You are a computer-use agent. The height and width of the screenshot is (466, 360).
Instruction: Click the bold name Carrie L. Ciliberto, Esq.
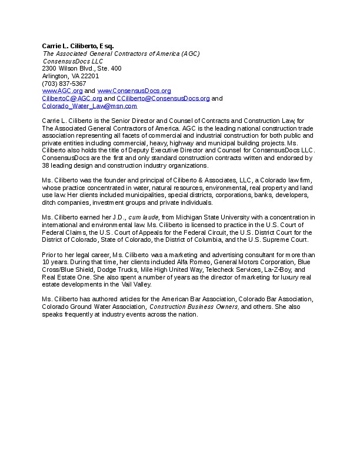[78, 46]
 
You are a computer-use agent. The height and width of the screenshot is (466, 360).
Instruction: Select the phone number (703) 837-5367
[64, 84]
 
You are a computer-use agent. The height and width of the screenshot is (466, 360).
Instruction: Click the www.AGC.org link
[62, 91]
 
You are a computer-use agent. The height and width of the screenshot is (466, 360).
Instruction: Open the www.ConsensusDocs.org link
[134, 91]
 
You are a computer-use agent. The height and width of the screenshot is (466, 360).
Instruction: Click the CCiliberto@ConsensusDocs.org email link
[163, 99]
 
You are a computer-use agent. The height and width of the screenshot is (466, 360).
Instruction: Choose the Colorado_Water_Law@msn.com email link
[89, 106]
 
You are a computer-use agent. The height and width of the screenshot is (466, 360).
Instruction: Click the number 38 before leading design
[46, 165]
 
